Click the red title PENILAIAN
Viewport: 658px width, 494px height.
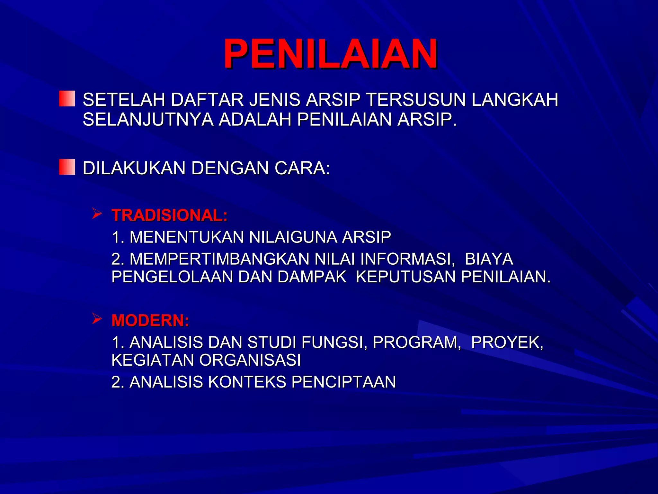pyautogui.click(x=330, y=54)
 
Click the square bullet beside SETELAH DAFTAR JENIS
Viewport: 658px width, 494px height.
pyautogui.click(x=67, y=98)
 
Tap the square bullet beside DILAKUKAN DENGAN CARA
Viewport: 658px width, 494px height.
pyautogui.click(x=67, y=167)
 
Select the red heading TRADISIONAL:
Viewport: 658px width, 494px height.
pyautogui.click(x=169, y=215)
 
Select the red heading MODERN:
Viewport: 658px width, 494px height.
pyautogui.click(x=150, y=320)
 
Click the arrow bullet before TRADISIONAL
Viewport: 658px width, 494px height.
pyautogui.click(x=97, y=213)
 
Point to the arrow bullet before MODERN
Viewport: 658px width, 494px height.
pyautogui.click(x=97, y=318)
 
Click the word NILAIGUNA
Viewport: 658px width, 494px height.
pyautogui.click(x=293, y=237)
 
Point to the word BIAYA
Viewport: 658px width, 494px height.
pyautogui.click(x=489, y=259)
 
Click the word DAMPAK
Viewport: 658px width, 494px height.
pyautogui.click(x=312, y=277)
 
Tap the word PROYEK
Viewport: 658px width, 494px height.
pyautogui.click(x=507, y=342)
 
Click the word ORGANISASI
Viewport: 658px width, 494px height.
pyautogui.click(x=250, y=360)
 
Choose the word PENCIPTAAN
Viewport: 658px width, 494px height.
pyautogui.click(x=343, y=382)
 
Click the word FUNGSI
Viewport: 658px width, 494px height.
pyautogui.click(x=335, y=342)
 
